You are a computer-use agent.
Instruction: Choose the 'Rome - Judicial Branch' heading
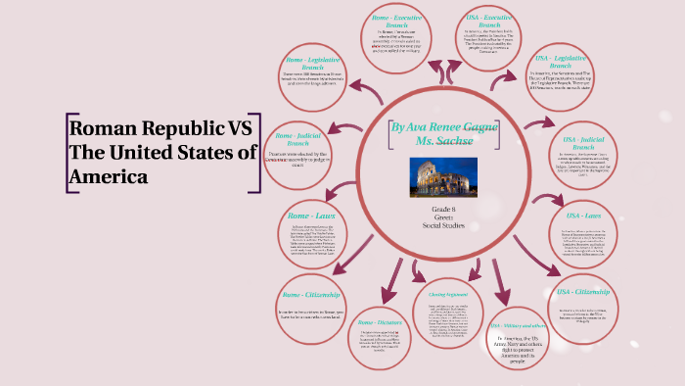coord(297,140)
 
